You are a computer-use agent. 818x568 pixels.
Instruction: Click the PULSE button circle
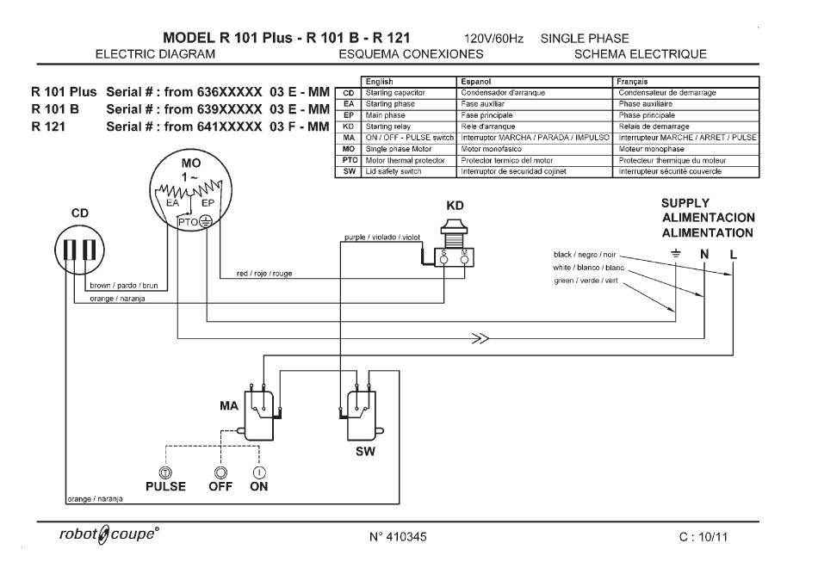point(165,473)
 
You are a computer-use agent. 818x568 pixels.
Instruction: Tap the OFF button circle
point(220,473)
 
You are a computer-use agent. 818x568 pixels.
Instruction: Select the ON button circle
point(259,473)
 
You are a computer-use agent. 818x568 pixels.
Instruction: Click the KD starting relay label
point(455,206)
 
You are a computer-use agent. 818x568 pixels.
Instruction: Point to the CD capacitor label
point(80,213)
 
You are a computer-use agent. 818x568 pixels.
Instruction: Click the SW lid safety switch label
point(365,452)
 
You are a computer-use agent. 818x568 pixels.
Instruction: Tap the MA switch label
point(228,406)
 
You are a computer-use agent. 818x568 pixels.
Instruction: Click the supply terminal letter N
point(704,254)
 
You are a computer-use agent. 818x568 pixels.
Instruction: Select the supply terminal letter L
point(733,255)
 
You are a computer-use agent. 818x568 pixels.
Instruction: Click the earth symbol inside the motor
point(206,222)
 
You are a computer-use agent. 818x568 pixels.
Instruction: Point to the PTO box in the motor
point(188,222)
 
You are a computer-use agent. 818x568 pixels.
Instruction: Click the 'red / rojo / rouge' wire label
point(264,274)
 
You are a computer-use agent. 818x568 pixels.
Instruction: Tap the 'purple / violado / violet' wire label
point(382,238)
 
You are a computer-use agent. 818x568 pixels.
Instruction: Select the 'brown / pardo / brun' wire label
point(124,286)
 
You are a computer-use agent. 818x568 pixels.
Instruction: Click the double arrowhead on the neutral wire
point(480,339)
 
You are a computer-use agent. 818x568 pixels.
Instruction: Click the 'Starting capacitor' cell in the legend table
point(395,93)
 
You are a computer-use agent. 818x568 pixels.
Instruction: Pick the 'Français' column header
point(632,82)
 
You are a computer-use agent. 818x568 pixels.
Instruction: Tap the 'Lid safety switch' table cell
point(394,171)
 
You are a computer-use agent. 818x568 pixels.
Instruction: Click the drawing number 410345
point(398,537)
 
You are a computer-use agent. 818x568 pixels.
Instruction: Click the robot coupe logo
point(109,534)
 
